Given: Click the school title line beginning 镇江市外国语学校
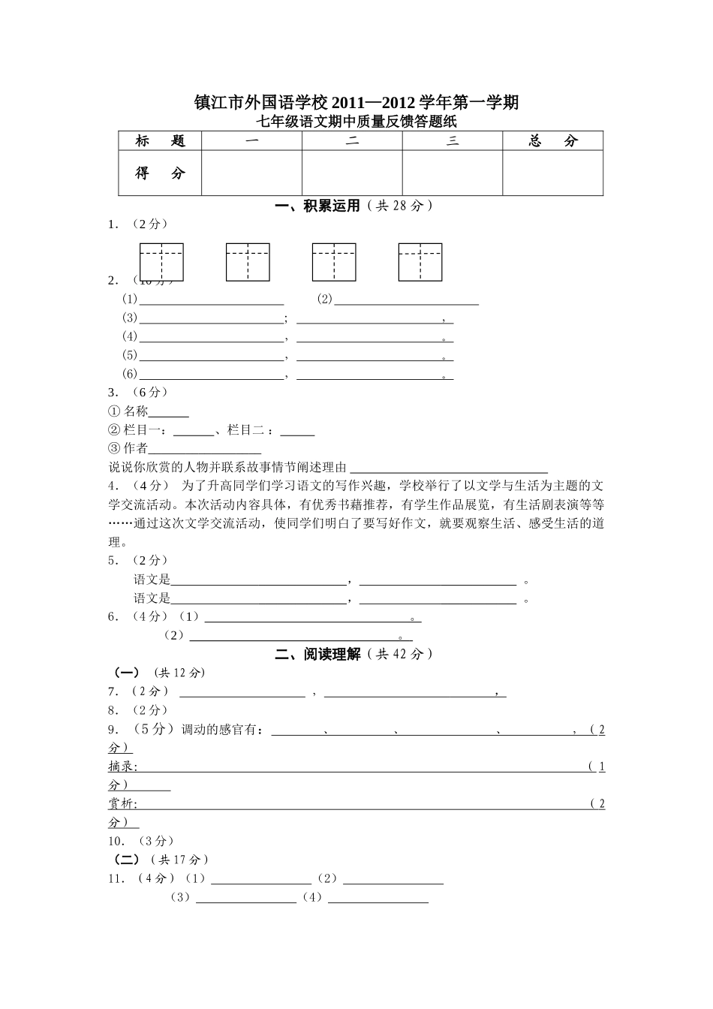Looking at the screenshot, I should coord(356,102).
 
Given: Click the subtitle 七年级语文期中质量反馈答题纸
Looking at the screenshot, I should coord(356,122).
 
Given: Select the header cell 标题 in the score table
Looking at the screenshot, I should coord(160,141).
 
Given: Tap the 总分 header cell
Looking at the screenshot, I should coord(552,141).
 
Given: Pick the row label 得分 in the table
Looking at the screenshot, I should coord(160,173).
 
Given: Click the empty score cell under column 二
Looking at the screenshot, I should coord(352,173).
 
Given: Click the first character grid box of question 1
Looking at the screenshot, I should coord(161,262).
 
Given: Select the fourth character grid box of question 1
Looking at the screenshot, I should coord(420,262).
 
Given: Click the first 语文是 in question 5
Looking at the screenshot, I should coord(152,580).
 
